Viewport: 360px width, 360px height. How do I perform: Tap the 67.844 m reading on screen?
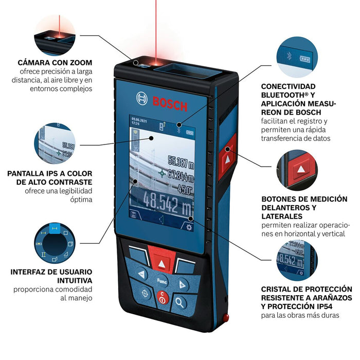click(x=180, y=173)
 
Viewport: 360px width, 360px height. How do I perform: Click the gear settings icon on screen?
click(x=190, y=227)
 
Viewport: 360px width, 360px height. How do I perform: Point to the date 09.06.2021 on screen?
click(x=140, y=117)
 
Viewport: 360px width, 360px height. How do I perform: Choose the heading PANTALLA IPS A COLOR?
click(x=49, y=174)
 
